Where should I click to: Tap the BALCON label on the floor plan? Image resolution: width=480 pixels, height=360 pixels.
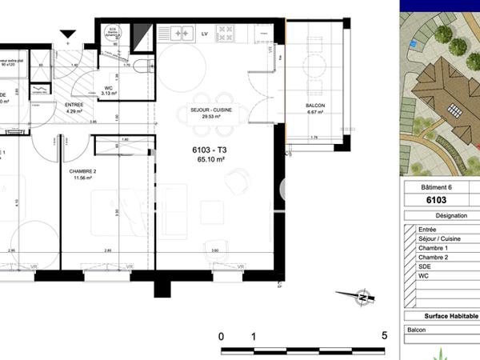tap(314, 106)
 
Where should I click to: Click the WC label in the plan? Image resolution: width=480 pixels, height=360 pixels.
tap(108, 88)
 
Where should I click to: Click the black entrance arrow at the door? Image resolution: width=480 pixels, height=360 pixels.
tap(68, 34)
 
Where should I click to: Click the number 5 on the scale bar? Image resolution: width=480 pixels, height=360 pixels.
tap(385, 335)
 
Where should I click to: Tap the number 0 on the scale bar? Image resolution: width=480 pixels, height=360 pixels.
tap(222, 336)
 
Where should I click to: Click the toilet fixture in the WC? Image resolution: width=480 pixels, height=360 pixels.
tap(142, 66)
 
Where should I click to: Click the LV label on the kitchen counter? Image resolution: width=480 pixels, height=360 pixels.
tap(205, 34)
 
